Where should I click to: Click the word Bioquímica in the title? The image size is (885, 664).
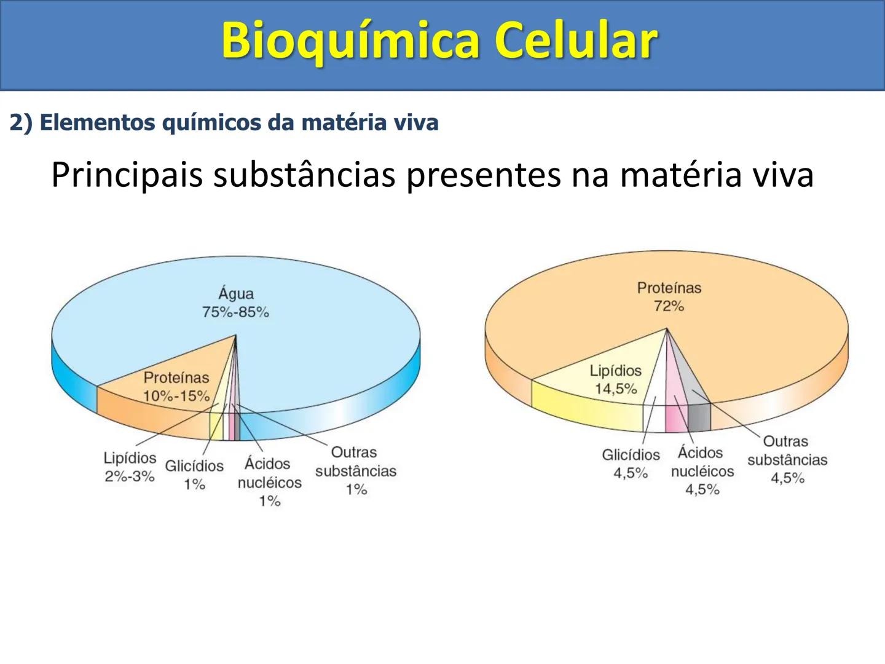[350, 41]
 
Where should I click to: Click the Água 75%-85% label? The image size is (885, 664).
[236, 303]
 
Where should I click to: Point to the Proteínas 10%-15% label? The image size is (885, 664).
[176, 387]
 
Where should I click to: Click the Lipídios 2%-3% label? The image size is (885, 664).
[130, 467]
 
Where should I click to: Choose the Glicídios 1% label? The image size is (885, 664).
[194, 475]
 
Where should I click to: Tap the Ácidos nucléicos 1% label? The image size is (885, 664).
[269, 481]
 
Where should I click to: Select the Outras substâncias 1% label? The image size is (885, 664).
[355, 470]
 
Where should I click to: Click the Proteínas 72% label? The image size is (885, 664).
[669, 296]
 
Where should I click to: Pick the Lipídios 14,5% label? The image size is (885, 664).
[615, 379]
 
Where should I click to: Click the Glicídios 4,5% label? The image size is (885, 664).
[631, 464]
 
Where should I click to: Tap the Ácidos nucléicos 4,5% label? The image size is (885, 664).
[702, 470]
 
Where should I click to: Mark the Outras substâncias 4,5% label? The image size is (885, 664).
[787, 459]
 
